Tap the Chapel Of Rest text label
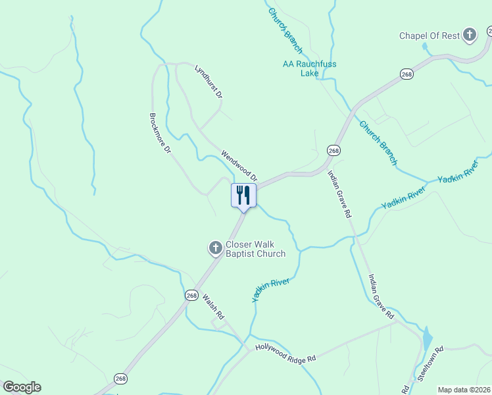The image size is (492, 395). (430, 36)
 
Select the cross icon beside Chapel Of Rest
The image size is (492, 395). (470, 35)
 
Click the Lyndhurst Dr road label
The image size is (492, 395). (209, 82)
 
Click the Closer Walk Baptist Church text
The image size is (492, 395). (255, 249)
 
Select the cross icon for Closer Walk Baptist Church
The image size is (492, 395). (215, 248)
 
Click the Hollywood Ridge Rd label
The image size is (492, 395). (285, 352)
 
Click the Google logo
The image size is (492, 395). (22, 387)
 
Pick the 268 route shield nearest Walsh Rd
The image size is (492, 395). (191, 295)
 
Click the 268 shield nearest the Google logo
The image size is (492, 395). (120, 379)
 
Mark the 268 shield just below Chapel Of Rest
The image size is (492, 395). (407, 74)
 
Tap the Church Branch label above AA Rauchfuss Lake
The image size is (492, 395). (285, 30)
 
